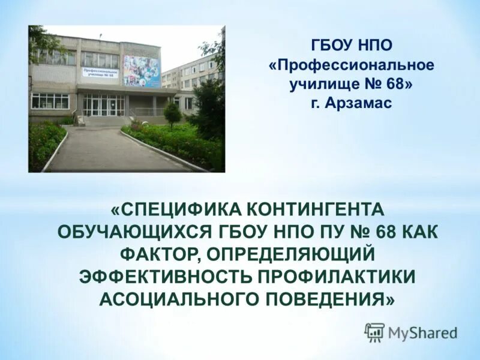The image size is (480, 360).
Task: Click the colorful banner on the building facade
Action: (141, 71)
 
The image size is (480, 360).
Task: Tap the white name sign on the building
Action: (100, 72)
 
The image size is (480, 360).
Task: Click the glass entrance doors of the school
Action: (103, 105)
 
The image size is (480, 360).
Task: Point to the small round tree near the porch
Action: (172, 113)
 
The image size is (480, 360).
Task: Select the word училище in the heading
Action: (319, 85)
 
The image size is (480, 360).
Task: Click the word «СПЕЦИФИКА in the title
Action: (175, 209)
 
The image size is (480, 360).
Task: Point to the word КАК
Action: (416, 232)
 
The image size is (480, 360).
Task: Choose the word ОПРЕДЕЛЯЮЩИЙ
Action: (290, 254)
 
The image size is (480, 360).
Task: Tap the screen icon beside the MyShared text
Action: (374, 332)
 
